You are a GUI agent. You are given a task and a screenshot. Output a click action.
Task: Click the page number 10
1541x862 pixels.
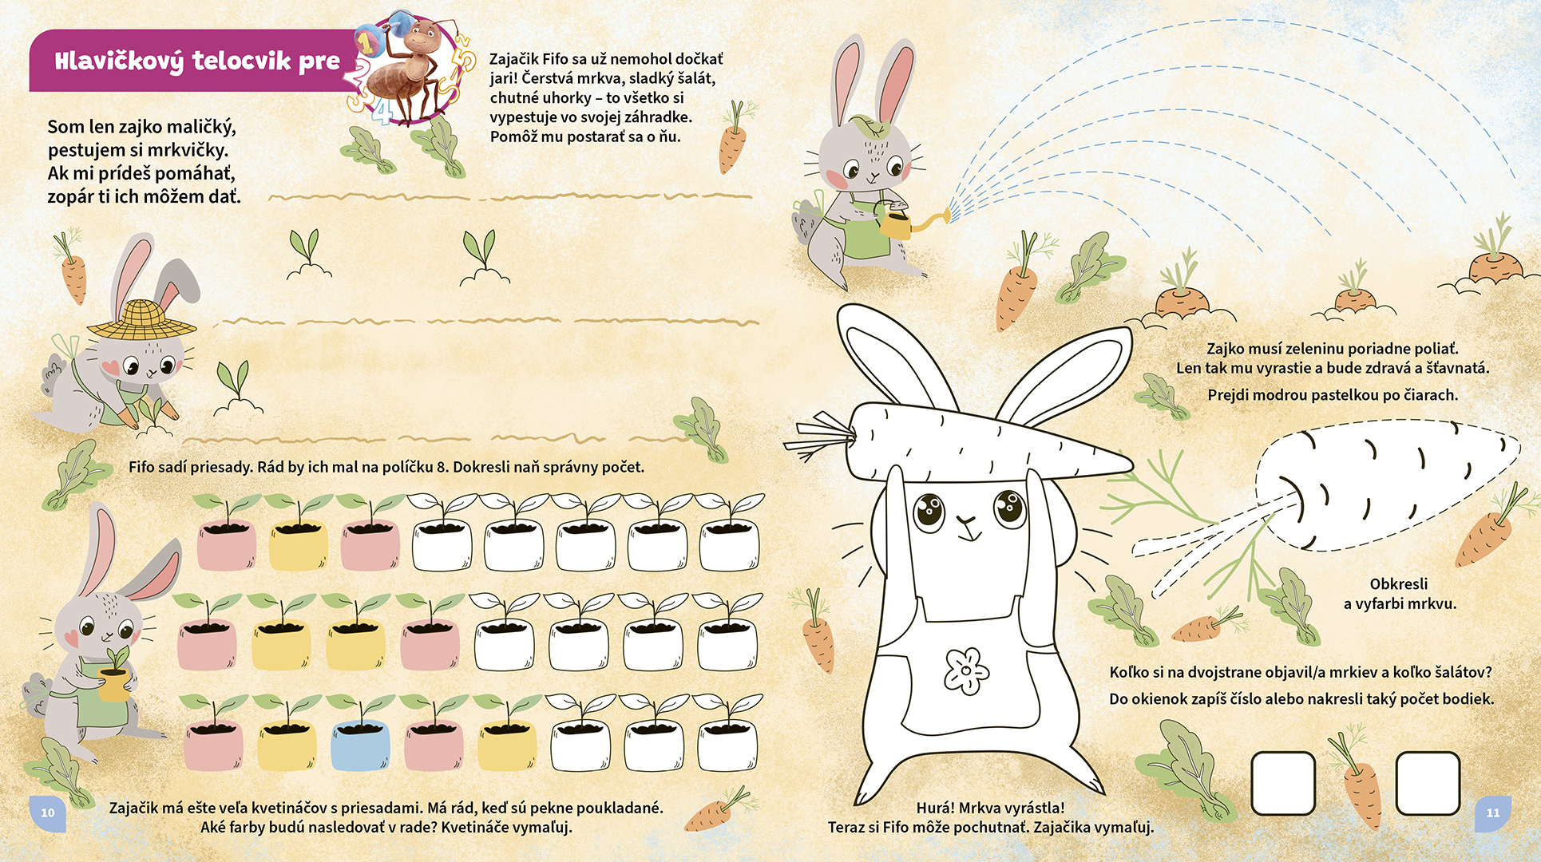(x=48, y=813)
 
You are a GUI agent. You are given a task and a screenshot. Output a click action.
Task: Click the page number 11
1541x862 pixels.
(x=1492, y=813)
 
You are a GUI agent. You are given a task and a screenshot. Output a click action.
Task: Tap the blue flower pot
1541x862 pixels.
(x=360, y=744)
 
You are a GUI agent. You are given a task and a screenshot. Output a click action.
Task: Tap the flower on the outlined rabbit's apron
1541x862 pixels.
(x=966, y=670)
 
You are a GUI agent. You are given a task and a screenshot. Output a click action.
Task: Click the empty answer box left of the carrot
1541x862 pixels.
(x=1282, y=783)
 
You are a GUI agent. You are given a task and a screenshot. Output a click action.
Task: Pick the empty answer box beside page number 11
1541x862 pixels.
(x=1427, y=783)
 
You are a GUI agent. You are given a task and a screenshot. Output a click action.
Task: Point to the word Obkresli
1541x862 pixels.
(x=1399, y=583)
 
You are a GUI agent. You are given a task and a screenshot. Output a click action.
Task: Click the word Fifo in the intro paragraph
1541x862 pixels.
(x=557, y=59)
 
